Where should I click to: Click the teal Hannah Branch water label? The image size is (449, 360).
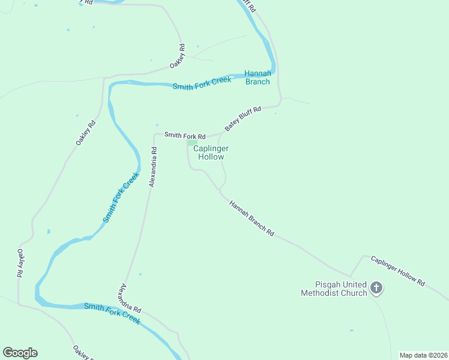point(257,77)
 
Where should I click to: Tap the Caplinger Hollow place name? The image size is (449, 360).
point(211,152)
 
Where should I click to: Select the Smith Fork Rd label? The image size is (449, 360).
point(185,136)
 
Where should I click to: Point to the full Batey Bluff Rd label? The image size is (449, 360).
point(243,119)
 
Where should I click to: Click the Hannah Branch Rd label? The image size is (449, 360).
point(251,218)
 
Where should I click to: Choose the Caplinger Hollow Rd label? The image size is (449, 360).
point(397,270)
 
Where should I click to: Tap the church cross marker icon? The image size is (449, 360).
point(376,289)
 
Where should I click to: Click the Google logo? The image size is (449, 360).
point(20,353)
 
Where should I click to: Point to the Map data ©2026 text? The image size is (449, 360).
point(423,355)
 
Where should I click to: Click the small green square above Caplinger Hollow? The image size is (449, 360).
point(191,142)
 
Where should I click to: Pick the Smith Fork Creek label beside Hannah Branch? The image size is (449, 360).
point(202,83)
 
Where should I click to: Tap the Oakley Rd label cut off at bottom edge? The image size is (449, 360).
point(82,352)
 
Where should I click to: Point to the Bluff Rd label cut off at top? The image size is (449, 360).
point(249,6)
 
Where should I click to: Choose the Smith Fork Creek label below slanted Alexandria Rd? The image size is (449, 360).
point(112,313)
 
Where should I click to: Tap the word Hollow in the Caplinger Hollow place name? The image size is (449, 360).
point(211,157)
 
